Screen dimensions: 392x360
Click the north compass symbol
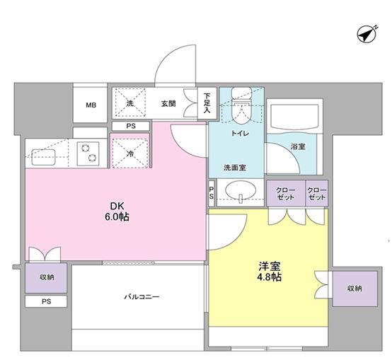click(x=367, y=35)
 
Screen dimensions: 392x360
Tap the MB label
click(x=91, y=105)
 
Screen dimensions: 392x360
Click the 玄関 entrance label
click(x=168, y=103)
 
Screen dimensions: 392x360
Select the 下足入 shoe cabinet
click(x=207, y=103)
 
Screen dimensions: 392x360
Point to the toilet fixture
click(x=241, y=105)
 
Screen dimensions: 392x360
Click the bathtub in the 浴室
click(x=294, y=116)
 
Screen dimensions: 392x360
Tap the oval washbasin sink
click(x=241, y=191)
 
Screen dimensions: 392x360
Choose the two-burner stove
click(x=88, y=153)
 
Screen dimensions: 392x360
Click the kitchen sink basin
click(x=43, y=157)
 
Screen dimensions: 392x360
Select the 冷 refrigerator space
click(x=129, y=153)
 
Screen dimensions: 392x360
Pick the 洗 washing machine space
click(x=129, y=103)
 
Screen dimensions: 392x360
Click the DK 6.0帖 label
click(x=117, y=211)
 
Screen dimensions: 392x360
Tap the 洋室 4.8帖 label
click(x=270, y=272)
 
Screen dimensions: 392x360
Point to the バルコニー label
click(x=142, y=297)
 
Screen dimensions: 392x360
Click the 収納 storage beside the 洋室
click(x=354, y=289)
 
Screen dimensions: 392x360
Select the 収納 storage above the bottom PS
click(x=46, y=278)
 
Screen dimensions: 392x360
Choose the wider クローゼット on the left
click(x=286, y=193)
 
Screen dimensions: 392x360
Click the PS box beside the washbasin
click(x=212, y=193)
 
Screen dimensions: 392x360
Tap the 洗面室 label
click(x=235, y=168)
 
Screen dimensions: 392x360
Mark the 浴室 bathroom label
click(x=298, y=146)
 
